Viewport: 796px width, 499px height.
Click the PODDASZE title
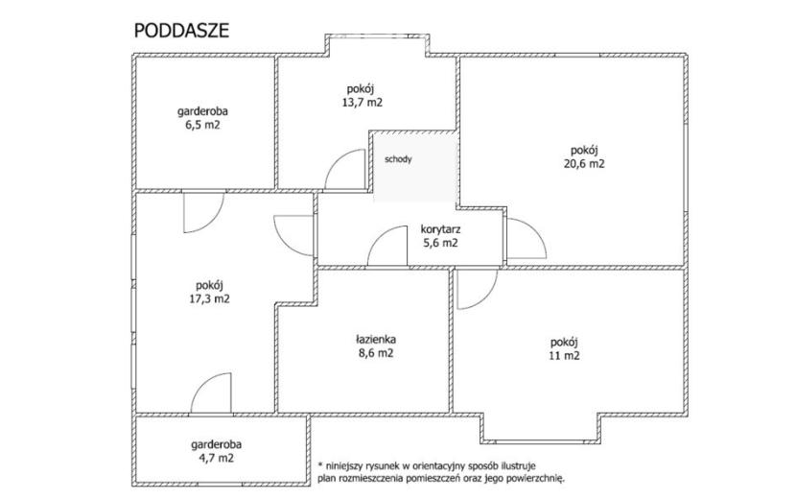click(181, 31)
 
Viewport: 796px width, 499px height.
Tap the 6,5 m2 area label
click(202, 125)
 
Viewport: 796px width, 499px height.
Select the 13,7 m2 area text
click(362, 102)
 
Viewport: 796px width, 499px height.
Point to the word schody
click(399, 159)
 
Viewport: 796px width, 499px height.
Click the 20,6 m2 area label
click(584, 164)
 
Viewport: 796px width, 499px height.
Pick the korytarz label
click(440, 229)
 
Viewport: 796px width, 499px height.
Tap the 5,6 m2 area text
click(440, 243)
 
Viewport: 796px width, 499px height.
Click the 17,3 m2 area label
click(210, 298)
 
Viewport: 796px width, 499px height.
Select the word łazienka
click(376, 339)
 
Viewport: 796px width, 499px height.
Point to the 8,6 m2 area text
click(376, 352)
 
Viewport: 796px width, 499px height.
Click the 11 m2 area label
click(564, 356)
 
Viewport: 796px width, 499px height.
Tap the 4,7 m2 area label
click(216, 459)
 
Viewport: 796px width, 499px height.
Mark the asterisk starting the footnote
click(320, 464)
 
